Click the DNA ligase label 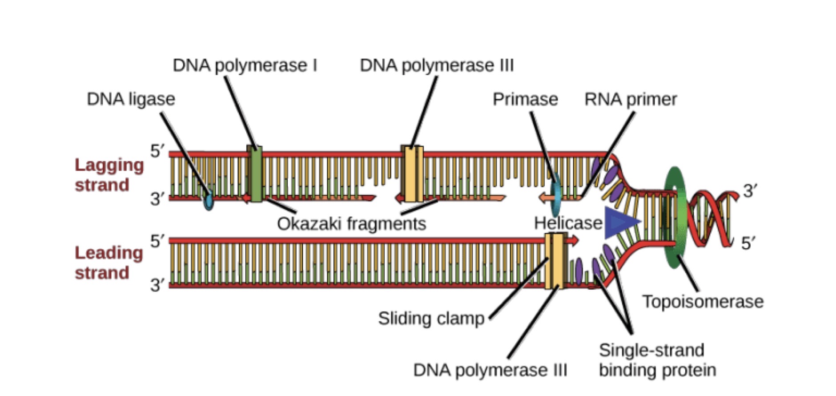[x=131, y=99]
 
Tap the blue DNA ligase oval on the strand [x=208, y=200]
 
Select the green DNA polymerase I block [x=255, y=174]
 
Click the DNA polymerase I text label [x=245, y=65]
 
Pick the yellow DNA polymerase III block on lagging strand [x=412, y=174]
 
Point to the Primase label [x=525, y=99]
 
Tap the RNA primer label [x=630, y=99]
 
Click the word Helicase [x=567, y=223]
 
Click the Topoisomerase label [x=703, y=302]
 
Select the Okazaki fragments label [x=351, y=223]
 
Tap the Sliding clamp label [x=431, y=319]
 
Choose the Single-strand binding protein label [x=657, y=360]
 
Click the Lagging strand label [x=109, y=175]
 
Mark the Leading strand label [x=109, y=263]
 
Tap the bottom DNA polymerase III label [x=490, y=370]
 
